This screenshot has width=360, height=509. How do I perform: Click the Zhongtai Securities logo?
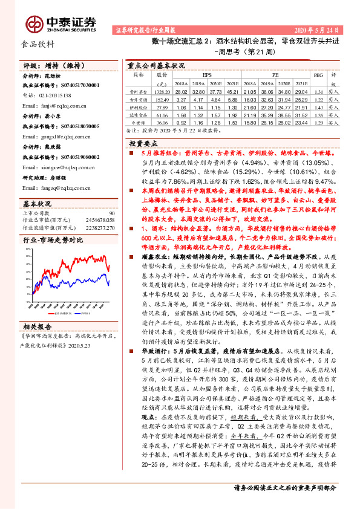(61, 22)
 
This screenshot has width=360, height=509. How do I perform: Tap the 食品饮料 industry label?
(38, 44)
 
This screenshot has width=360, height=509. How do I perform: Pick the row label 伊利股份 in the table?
(139, 106)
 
